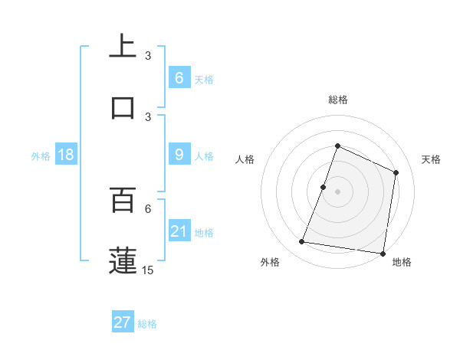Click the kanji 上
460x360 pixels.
[x=123, y=47]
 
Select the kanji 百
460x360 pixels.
[x=123, y=200]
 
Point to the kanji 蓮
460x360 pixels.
[x=123, y=260]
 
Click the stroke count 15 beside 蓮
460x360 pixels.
[x=148, y=270]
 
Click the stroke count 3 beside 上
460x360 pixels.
[x=148, y=56]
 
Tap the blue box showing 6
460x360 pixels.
[x=179, y=78]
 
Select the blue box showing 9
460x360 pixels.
[x=179, y=155]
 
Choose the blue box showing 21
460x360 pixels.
[x=179, y=231]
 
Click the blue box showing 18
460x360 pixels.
[x=65, y=155]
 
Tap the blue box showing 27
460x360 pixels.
[x=123, y=322]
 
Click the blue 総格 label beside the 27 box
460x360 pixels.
[x=147, y=324]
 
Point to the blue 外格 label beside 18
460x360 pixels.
[x=41, y=156]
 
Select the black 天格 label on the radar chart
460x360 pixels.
[x=432, y=160]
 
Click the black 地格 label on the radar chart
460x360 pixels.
[x=402, y=262]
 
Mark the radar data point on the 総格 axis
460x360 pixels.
[x=337, y=146]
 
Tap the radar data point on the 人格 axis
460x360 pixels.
[x=323, y=187]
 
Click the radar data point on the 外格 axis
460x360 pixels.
[x=302, y=242]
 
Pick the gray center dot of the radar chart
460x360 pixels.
[x=337, y=191]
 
